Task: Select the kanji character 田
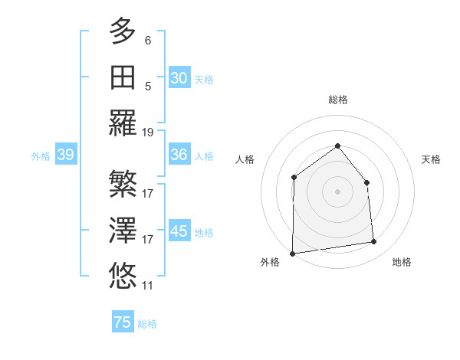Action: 123,77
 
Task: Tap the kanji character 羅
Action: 123,123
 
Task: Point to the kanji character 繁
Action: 123,184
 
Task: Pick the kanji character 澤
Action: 123,230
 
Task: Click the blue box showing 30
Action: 179,77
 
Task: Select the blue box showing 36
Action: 179,155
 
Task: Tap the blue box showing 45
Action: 179,231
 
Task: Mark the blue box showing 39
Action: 65,155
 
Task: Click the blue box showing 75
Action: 123,322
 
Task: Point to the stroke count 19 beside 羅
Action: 148,132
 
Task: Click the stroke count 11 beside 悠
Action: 148,286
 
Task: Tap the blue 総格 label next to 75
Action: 147,324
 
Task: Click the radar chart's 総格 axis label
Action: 337,100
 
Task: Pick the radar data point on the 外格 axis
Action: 292,254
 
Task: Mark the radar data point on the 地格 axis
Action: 374,242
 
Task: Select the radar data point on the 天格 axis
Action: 366,182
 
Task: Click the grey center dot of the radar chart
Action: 337,191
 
